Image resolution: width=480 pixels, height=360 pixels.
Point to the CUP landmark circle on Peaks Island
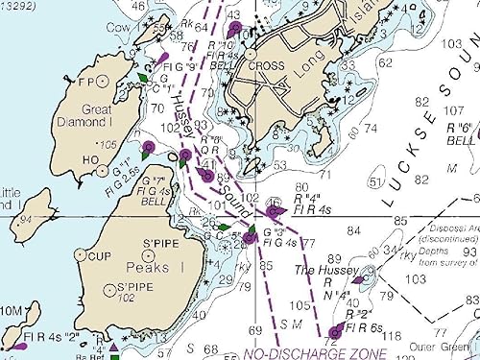(82, 255)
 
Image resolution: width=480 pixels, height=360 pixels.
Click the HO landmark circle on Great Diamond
(102, 170)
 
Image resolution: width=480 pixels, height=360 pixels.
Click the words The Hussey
(318, 272)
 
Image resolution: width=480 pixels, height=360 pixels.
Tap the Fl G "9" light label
(180, 69)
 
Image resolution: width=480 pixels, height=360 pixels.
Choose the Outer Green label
(452, 347)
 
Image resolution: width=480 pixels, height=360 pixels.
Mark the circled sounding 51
(375, 182)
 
